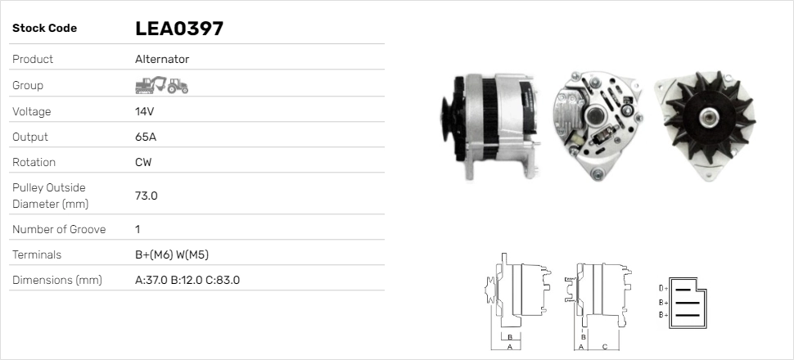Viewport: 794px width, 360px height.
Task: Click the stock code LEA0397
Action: point(179,29)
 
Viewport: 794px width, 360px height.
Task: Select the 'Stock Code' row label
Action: point(44,29)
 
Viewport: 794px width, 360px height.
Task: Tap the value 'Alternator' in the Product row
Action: point(162,59)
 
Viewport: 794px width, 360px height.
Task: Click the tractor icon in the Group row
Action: point(178,86)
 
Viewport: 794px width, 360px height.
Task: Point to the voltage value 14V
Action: point(145,111)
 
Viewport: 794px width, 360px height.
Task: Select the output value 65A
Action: point(146,137)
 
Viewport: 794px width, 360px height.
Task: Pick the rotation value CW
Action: point(143,162)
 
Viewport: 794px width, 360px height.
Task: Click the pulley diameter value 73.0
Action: point(147,196)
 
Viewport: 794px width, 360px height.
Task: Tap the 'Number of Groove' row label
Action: point(59,229)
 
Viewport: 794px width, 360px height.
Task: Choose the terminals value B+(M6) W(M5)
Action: point(178,254)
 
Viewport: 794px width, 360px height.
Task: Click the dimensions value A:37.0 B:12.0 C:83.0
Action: point(187,280)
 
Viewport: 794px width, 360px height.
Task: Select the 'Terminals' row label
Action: point(37,254)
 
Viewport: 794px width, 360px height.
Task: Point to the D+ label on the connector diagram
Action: point(664,288)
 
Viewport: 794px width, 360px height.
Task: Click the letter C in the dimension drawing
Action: point(604,347)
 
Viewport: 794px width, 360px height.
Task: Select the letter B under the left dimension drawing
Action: point(509,336)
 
